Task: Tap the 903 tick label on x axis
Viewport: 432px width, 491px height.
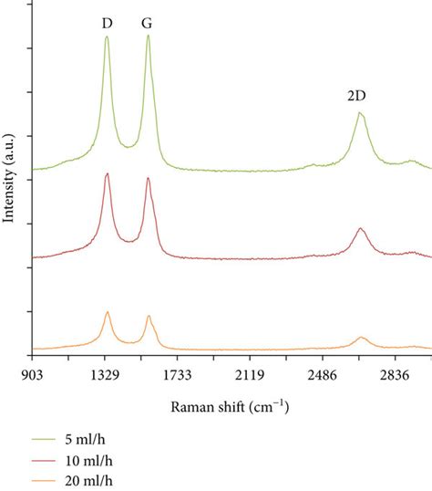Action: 34,374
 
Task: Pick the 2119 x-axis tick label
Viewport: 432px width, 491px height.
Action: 250,374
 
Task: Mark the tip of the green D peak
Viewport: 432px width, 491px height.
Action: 107,37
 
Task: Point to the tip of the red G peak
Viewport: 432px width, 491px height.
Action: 148,179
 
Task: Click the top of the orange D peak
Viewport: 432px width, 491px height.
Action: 107,311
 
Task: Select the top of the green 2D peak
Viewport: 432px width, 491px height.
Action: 360,113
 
